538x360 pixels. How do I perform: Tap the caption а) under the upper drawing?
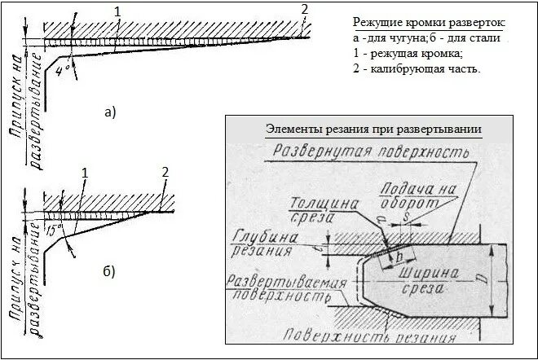111,113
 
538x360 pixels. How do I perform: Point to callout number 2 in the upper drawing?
304,9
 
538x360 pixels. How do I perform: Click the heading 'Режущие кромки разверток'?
429,21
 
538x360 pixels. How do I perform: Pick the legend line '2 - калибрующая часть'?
416,69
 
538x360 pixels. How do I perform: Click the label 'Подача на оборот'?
416,195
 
